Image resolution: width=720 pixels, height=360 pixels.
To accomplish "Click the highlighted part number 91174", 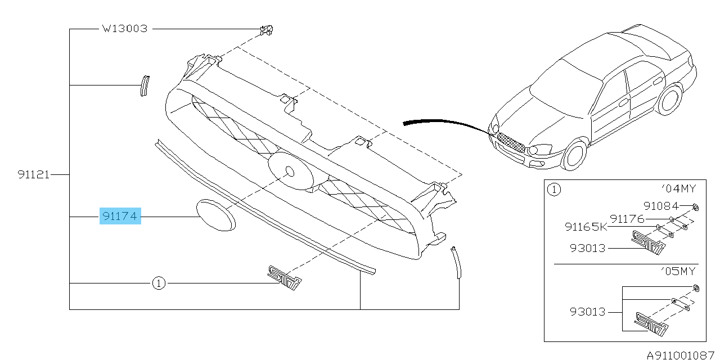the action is click(x=120, y=215).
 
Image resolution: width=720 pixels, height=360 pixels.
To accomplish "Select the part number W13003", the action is click(x=125, y=29).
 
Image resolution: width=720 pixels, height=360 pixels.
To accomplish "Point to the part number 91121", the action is click(x=34, y=174).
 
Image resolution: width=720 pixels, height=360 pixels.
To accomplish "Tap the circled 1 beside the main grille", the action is click(x=159, y=283).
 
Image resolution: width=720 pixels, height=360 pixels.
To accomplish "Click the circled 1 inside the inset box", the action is click(x=554, y=190).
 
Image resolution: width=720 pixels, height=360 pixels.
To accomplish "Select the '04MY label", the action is click(x=678, y=188).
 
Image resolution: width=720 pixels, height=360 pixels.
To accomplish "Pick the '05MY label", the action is click(x=678, y=271).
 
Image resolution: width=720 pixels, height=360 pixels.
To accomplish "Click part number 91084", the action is click(x=661, y=206).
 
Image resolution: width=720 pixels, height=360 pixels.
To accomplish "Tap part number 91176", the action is click(x=627, y=219).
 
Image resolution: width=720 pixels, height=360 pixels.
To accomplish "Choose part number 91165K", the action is click(x=586, y=227).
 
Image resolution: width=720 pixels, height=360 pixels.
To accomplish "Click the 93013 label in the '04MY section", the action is click(x=588, y=248).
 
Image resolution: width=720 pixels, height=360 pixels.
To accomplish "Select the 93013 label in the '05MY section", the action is click(x=588, y=312).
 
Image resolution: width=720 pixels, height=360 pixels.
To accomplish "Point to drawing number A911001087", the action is click(x=680, y=355).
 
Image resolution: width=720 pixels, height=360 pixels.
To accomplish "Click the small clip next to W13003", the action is click(x=267, y=30).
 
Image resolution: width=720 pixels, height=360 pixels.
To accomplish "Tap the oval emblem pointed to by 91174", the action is click(x=215, y=215).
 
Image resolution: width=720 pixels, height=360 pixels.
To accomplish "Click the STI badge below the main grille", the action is click(x=285, y=278).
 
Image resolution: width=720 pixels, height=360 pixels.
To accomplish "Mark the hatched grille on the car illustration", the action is click(x=511, y=143).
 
